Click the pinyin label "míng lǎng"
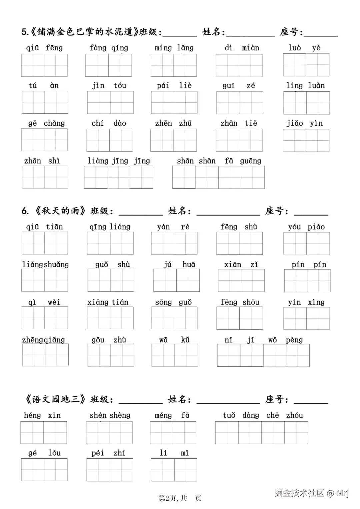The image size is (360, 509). click(x=174, y=48)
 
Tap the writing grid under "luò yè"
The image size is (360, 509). click(x=306, y=65)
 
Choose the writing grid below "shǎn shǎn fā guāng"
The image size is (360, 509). click(x=218, y=177)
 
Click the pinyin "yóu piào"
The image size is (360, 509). click(x=306, y=227)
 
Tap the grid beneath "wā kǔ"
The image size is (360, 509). click(x=175, y=355)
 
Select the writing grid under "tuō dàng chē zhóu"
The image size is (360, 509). click(x=262, y=433)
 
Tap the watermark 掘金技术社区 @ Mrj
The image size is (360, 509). click(x=311, y=493)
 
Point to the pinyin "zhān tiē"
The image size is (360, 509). click(x=239, y=123)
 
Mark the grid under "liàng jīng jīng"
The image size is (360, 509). click(x=119, y=177)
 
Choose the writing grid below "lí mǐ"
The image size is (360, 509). click(x=174, y=470)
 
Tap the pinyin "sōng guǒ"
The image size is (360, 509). click(x=173, y=302)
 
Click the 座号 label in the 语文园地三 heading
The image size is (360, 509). click(x=277, y=399)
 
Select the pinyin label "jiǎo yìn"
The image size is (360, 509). click(x=305, y=123)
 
